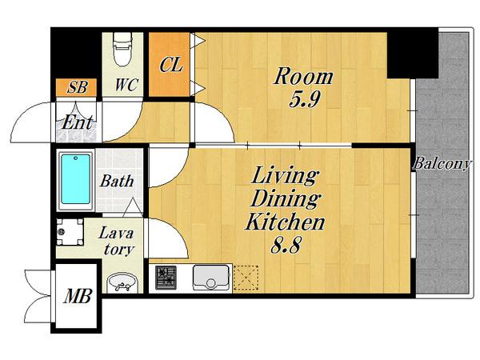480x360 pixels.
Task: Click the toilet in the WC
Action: [x=122, y=49]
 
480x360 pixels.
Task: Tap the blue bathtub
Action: [x=75, y=179]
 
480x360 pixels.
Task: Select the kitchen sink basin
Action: [x=210, y=278]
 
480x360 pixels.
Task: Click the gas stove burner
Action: [x=166, y=278]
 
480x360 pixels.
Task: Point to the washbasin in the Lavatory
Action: [x=122, y=283]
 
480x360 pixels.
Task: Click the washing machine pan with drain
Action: [x=70, y=232]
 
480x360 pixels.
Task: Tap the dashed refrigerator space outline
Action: [x=246, y=278]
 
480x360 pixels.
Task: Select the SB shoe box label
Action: [x=77, y=87]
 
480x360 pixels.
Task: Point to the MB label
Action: [x=78, y=296]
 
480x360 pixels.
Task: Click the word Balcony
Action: [x=441, y=164]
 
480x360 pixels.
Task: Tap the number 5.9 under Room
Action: [x=305, y=99]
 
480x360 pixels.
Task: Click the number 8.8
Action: [x=286, y=245]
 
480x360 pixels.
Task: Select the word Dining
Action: [x=285, y=199]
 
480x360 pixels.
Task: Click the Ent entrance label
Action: [x=77, y=122]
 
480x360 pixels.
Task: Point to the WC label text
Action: [x=126, y=85]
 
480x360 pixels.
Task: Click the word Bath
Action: [x=117, y=181]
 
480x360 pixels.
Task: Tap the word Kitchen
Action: [x=285, y=222]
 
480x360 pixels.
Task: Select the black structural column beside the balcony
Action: [x=412, y=54]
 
